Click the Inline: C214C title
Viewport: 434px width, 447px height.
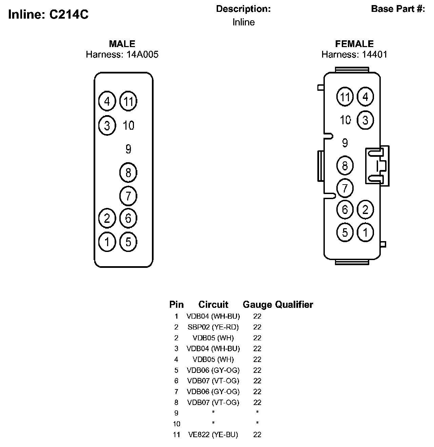tap(48, 15)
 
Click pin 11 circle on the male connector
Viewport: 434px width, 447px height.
tap(128, 101)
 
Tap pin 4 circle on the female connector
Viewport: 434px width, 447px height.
tap(365, 97)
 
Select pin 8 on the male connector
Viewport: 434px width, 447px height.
tap(128, 173)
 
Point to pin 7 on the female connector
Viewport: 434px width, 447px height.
tap(345, 188)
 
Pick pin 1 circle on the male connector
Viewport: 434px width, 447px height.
tap(107, 242)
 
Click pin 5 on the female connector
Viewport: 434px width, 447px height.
tap(345, 232)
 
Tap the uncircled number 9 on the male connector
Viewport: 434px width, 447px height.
tap(128, 149)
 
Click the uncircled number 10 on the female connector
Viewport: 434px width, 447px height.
tap(345, 120)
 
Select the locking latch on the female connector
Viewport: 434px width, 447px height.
tap(377, 166)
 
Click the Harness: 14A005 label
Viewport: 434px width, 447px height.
tap(122, 55)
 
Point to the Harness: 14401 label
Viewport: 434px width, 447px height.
tap(354, 55)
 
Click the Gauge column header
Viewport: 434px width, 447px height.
tap(257, 305)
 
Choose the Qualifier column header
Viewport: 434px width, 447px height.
tap(294, 305)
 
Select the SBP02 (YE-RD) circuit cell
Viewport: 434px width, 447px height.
tap(213, 327)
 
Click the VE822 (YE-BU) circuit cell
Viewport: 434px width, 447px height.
tap(213, 435)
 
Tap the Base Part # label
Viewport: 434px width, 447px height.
tap(398, 9)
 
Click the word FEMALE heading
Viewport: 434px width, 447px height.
tap(354, 44)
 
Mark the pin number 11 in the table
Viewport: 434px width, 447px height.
tap(176, 435)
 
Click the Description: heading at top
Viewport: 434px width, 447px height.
tap(243, 9)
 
